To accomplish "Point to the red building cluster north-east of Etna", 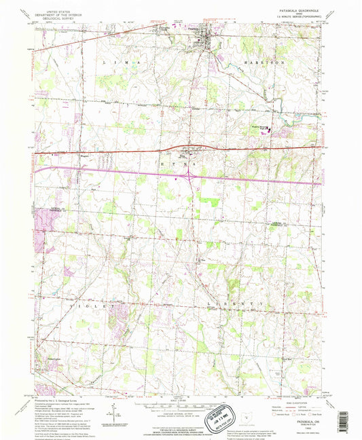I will click(x=266, y=128).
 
